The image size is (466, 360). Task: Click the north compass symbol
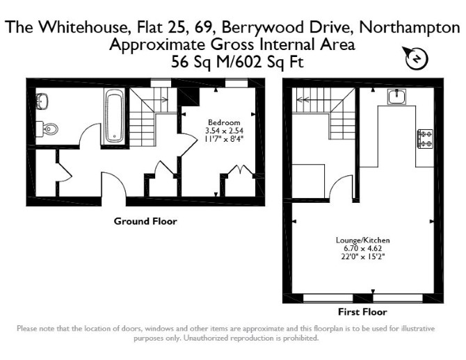pyautogui.click(x=416, y=58)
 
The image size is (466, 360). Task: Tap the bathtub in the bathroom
pyautogui.click(x=115, y=117)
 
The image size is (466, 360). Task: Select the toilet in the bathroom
pyautogui.click(x=47, y=129)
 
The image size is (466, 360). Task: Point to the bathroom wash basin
pyautogui.click(x=42, y=101)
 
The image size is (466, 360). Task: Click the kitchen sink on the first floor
pyautogui.click(x=396, y=97)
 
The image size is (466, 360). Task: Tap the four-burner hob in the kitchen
pyautogui.click(x=425, y=139)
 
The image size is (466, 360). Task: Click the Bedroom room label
pyautogui.click(x=224, y=122)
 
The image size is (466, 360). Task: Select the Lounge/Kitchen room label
pyautogui.click(x=362, y=240)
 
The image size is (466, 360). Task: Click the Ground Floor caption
pyautogui.click(x=145, y=221)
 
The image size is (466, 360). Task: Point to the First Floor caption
pyautogui.click(x=362, y=312)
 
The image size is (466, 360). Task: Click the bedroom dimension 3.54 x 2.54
pyautogui.click(x=224, y=131)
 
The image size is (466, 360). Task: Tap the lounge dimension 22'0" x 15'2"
pyautogui.click(x=362, y=256)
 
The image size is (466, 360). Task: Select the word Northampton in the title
pyautogui.click(x=410, y=27)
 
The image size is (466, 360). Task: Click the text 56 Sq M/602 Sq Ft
pyautogui.click(x=237, y=62)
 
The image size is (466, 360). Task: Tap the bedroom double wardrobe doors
pyautogui.click(x=239, y=170)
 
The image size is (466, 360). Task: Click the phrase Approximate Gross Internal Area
pyautogui.click(x=232, y=45)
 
